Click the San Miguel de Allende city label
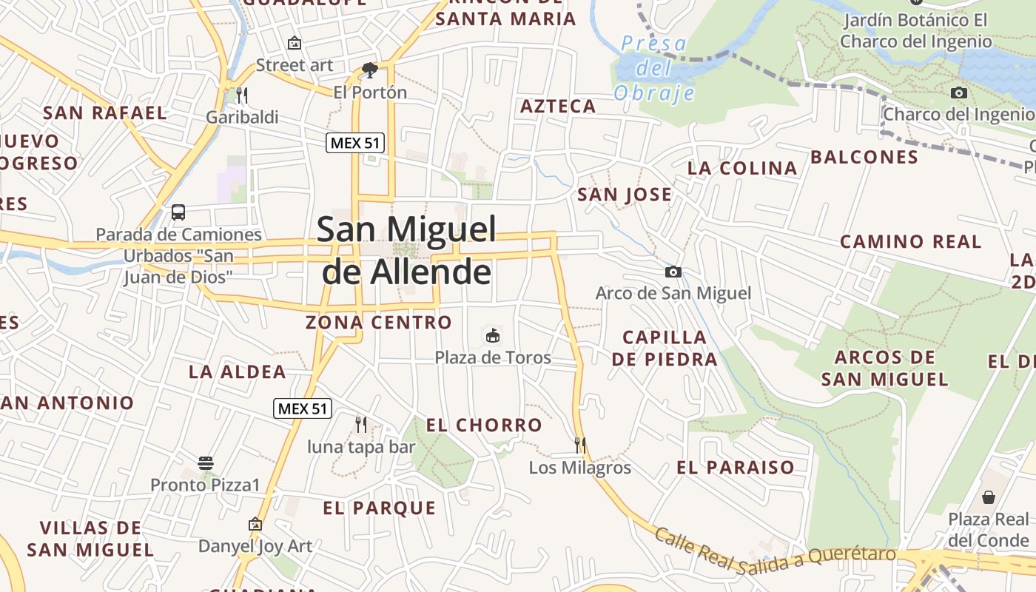tap(407, 250)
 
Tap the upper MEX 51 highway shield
tap(355, 143)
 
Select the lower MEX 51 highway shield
tap(303, 408)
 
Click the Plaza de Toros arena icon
tap(492, 336)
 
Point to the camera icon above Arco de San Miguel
tap(673, 272)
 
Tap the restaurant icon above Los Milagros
tap(580, 445)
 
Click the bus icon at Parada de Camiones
tap(178, 212)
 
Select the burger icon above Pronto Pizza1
tap(206, 464)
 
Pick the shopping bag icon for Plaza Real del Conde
tap(988, 497)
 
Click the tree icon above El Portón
tap(369, 71)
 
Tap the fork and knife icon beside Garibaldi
tap(241, 95)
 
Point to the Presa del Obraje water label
tap(655, 68)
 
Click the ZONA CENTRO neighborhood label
tap(378, 323)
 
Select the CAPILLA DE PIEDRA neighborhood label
tap(665, 349)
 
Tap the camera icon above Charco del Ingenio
tap(959, 92)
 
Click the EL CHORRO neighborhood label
tap(484, 425)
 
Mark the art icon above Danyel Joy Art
tap(255, 524)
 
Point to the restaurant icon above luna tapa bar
tap(361, 424)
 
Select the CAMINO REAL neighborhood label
tap(910, 242)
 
